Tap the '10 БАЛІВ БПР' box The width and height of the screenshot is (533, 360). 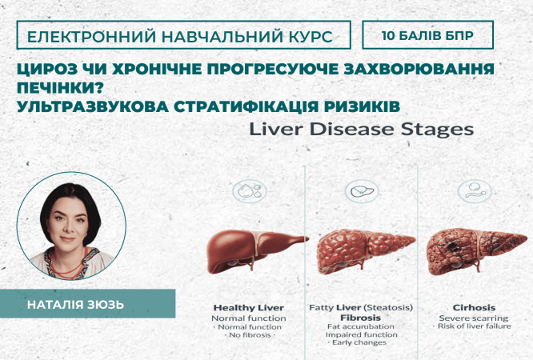click(x=427, y=36)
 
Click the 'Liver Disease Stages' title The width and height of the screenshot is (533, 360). click(x=361, y=130)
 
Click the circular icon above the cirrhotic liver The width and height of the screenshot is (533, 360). click(x=472, y=191)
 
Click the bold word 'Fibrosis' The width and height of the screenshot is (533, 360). click(x=356, y=317)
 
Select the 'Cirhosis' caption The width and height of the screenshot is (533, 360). click(x=473, y=307)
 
